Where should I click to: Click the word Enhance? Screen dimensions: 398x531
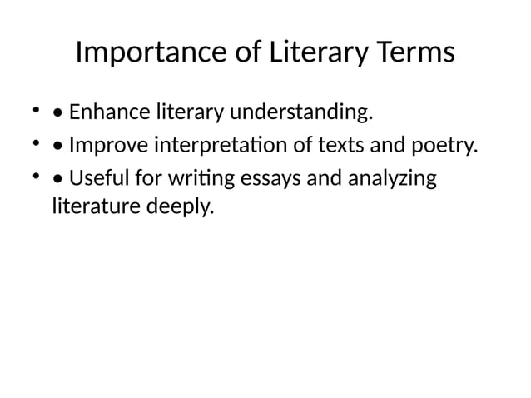(x=102, y=112)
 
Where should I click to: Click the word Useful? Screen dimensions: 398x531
(x=94, y=179)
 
